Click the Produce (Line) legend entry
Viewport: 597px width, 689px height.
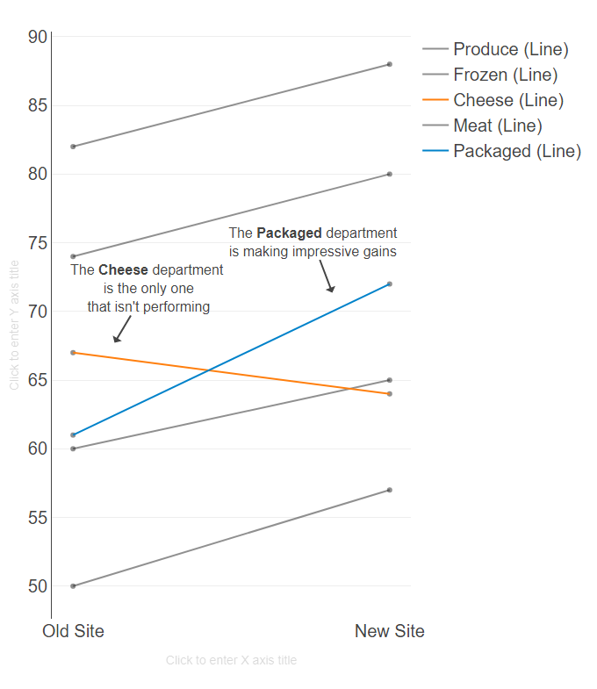pos(510,49)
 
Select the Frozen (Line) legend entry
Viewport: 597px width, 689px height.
pos(505,75)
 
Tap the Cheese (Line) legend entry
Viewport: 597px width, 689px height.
pos(507,100)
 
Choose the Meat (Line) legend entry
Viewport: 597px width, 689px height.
pos(497,126)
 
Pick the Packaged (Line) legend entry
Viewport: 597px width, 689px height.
pos(516,151)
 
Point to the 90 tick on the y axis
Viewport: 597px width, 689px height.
pos(38,37)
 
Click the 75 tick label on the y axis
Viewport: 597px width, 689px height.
pos(38,243)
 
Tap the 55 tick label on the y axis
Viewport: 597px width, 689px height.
pos(38,518)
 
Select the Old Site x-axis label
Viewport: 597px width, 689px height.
pos(73,631)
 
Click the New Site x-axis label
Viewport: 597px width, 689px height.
pos(389,631)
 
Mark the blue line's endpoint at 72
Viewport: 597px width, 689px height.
pos(389,283)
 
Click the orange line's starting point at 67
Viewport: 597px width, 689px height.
pos(73,353)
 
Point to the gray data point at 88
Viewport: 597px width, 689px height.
pos(389,64)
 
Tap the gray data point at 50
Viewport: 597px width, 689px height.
pos(73,585)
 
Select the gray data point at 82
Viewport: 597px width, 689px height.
pos(73,147)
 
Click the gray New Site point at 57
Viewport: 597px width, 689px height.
pos(389,490)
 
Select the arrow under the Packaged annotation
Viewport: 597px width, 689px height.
pos(327,278)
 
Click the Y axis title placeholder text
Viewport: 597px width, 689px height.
pos(14,325)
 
